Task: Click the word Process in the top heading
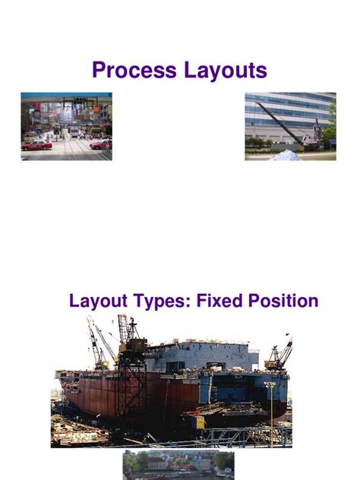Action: pyautogui.click(x=134, y=71)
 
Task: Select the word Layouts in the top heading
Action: pyautogui.click(x=223, y=71)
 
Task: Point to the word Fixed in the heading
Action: pyautogui.click(x=218, y=301)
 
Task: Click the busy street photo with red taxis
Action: pyautogui.click(x=66, y=126)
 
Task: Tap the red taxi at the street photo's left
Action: pyautogui.click(x=36, y=144)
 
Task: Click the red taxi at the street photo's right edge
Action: pyautogui.click(x=102, y=143)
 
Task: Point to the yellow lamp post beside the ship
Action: pyautogui.click(x=271, y=410)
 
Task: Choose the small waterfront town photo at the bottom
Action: pyautogui.click(x=178, y=464)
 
